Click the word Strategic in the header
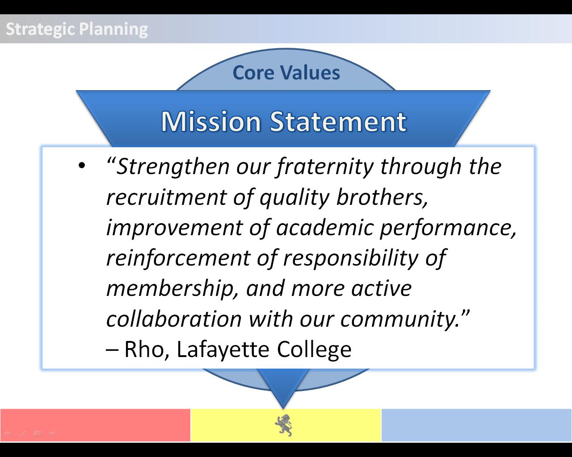(x=40, y=29)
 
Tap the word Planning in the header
(x=114, y=29)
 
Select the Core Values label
(x=286, y=72)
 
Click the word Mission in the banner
(x=211, y=122)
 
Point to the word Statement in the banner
(x=338, y=122)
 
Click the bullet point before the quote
(x=82, y=166)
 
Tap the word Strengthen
(x=173, y=167)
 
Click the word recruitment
(x=166, y=198)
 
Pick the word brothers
(x=382, y=198)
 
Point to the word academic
(x=325, y=228)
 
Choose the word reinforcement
(x=178, y=258)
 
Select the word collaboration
(x=174, y=319)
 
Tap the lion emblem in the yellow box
(x=283, y=425)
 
